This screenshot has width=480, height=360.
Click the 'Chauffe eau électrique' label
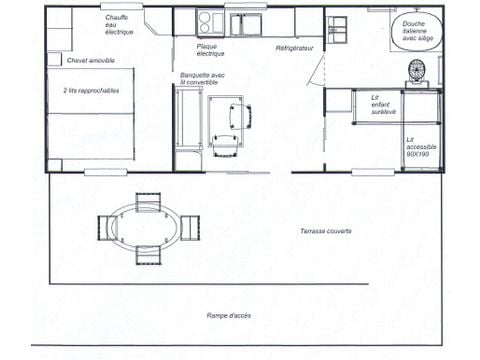121,26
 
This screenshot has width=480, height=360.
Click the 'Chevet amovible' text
90,61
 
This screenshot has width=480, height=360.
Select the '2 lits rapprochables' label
89,89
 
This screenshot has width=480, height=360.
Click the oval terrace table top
147,227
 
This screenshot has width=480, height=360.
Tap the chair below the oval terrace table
148,254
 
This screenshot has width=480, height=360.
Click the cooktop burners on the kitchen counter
210,21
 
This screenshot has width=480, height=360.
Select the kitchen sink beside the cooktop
244,22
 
